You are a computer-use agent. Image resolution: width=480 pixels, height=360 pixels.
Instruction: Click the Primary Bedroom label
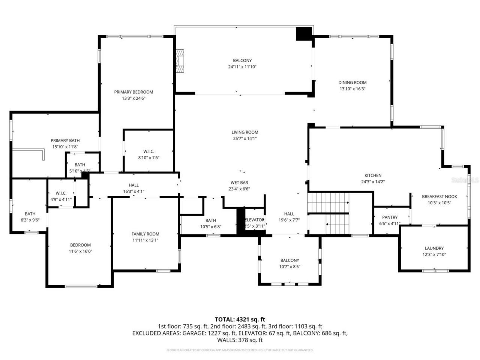pyautogui.click(x=133, y=92)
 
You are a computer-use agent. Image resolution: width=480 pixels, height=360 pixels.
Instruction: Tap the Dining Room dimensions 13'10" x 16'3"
pyautogui.click(x=352, y=89)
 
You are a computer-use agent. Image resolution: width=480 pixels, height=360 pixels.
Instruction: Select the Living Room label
pyautogui.click(x=244, y=132)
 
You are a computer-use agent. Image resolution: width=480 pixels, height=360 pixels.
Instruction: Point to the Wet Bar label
pyautogui.click(x=239, y=183)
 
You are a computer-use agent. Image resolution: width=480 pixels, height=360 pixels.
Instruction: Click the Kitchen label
pyautogui.click(x=373, y=175)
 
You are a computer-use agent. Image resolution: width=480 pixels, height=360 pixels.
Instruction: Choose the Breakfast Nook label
pyautogui.click(x=439, y=196)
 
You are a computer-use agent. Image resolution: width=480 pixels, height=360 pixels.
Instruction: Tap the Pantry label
pyautogui.click(x=390, y=217)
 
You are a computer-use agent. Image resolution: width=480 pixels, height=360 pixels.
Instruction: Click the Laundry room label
pyautogui.click(x=434, y=248)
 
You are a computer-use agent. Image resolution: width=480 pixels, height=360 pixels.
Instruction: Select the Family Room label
pyautogui.click(x=145, y=234)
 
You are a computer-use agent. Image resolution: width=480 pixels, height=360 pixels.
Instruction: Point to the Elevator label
pyautogui.click(x=255, y=220)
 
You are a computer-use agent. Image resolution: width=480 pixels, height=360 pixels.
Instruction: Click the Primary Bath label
pyautogui.click(x=65, y=141)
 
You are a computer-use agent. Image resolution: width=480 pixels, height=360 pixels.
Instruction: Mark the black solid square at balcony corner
pyautogui.click(x=304, y=34)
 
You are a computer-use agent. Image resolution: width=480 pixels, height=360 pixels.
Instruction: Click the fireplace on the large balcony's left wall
pyautogui.click(x=181, y=61)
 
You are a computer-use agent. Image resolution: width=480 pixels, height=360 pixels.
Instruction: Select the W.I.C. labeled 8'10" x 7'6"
pyautogui.click(x=148, y=154)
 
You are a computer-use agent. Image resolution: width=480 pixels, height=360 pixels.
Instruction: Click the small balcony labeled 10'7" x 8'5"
pyautogui.click(x=289, y=263)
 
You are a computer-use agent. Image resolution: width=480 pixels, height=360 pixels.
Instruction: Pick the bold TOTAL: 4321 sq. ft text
pyautogui.click(x=240, y=319)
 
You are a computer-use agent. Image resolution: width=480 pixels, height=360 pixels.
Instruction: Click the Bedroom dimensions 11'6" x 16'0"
pyautogui.click(x=80, y=251)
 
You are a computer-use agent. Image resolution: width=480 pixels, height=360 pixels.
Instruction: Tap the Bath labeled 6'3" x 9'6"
pyautogui.click(x=30, y=217)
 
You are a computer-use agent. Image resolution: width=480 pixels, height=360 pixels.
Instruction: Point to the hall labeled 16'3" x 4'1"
pyautogui.click(x=133, y=188)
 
